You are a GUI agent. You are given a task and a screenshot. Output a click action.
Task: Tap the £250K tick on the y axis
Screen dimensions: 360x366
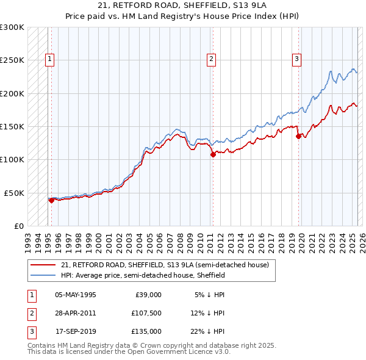click(12, 60)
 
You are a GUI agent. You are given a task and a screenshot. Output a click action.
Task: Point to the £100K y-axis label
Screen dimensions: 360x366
click(12, 159)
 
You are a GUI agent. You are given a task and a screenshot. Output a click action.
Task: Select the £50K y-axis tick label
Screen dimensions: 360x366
click(13, 193)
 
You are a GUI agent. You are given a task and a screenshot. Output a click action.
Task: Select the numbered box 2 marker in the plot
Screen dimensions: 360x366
click(211, 59)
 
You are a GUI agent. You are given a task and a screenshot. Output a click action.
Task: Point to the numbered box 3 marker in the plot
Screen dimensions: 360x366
click(296, 59)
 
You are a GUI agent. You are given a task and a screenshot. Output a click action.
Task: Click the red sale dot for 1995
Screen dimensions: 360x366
click(51, 200)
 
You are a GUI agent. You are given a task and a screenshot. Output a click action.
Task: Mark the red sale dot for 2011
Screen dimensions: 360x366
click(213, 155)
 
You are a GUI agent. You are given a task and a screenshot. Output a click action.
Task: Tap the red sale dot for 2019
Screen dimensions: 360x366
click(298, 137)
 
